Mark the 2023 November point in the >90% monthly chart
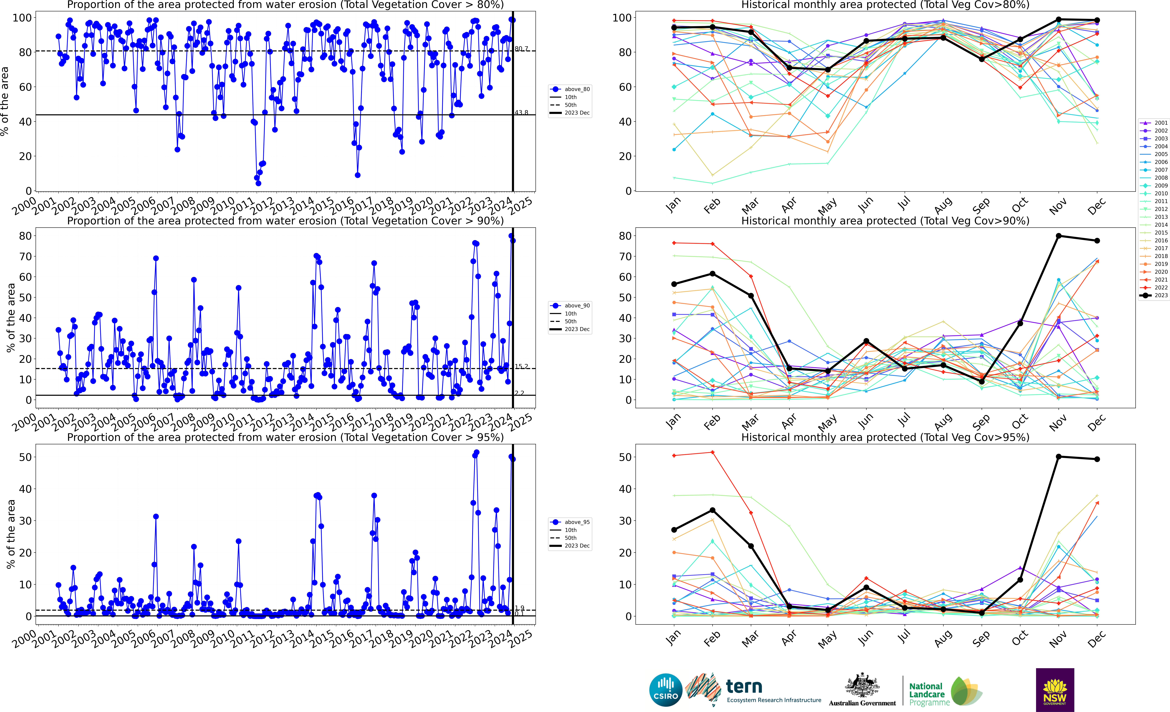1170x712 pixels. point(1058,236)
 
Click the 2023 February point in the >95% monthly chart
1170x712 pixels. point(712,510)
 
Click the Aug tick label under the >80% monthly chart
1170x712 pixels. point(943,205)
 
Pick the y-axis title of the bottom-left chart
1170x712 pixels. point(10,534)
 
